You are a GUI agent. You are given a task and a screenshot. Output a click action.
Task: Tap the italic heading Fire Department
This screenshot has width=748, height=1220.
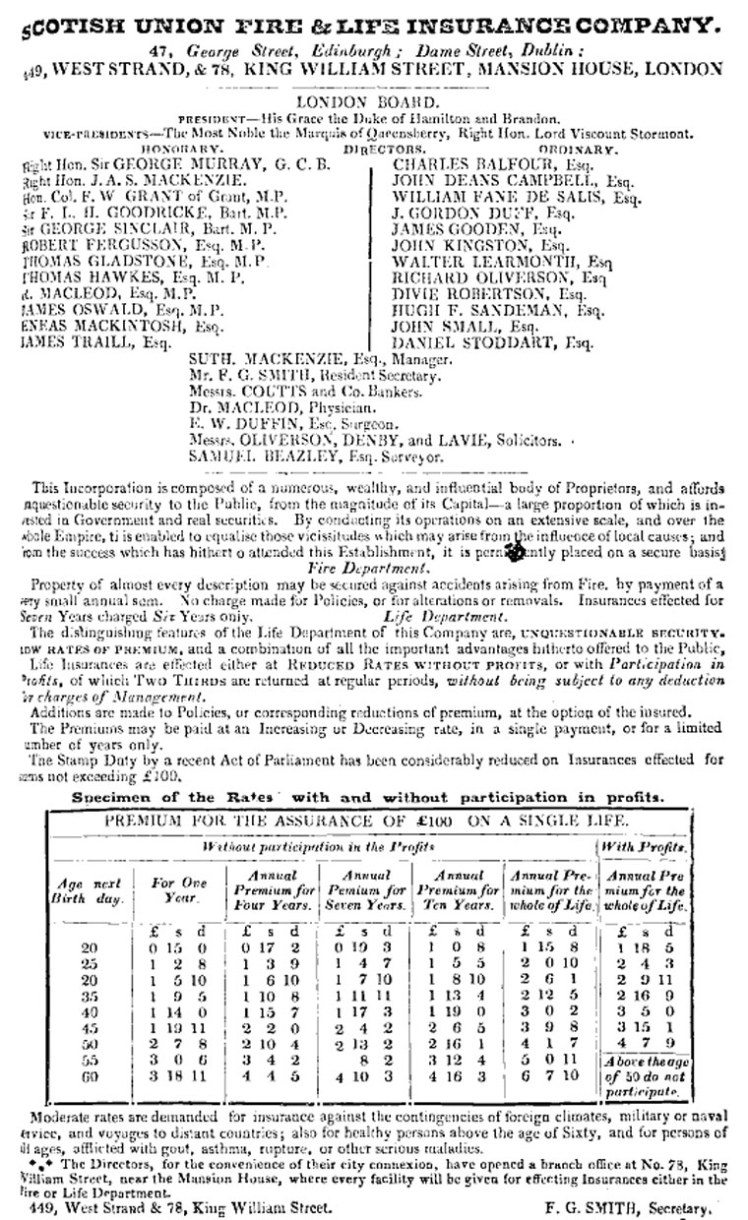pyautogui.click(x=373, y=569)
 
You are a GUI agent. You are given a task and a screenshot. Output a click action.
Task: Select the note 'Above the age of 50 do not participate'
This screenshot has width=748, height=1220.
pyautogui.click(x=646, y=1077)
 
